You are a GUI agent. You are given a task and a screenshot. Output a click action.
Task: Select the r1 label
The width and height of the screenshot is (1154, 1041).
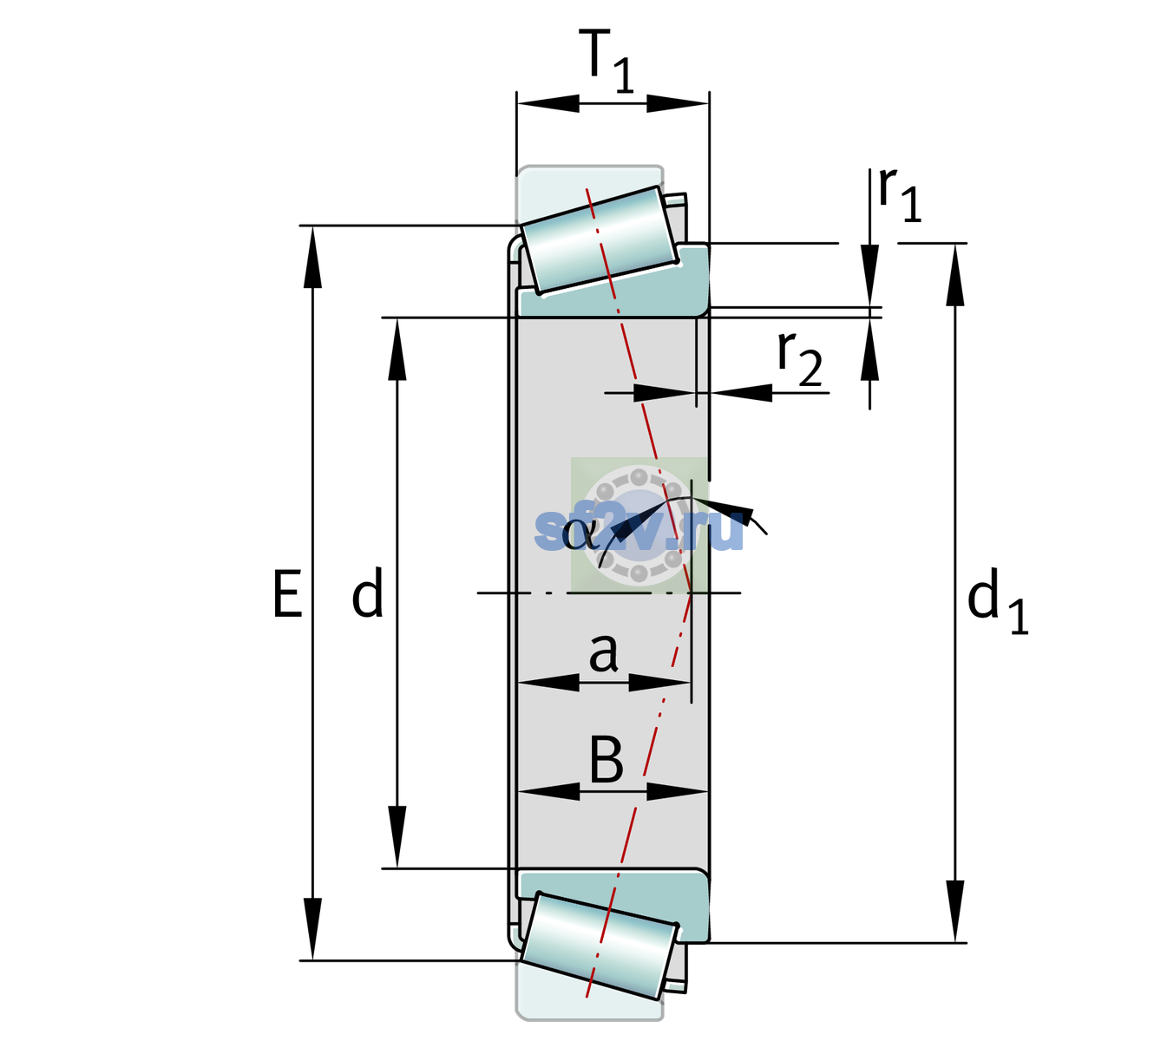click(900, 194)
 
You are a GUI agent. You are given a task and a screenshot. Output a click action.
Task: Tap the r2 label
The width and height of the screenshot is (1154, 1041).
click(800, 359)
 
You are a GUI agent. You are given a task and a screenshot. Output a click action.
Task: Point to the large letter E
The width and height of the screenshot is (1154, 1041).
click(288, 593)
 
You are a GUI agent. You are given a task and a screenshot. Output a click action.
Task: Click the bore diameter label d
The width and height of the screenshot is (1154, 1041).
click(367, 593)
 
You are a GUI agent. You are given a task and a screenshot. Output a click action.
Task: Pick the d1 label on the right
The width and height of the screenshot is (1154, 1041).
click(998, 606)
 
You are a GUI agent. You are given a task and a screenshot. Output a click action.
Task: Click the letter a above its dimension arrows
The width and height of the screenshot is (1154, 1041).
click(603, 654)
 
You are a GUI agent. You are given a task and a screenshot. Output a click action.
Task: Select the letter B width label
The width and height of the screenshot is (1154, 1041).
click(607, 760)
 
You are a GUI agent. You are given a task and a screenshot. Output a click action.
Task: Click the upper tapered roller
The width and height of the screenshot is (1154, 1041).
click(599, 240)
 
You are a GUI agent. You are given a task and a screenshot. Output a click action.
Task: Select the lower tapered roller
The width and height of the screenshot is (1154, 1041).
click(599, 946)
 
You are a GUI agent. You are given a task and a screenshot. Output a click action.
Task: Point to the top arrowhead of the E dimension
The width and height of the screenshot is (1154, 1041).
click(312, 256)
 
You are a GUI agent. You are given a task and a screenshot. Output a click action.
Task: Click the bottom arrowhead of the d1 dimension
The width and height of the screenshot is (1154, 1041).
click(955, 911)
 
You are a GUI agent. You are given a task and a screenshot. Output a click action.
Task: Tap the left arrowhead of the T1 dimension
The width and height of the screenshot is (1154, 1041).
click(548, 103)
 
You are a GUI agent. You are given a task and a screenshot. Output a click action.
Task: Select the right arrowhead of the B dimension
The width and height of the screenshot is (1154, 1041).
click(677, 791)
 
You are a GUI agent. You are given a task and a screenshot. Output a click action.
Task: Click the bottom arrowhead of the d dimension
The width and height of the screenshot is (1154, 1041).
click(397, 837)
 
